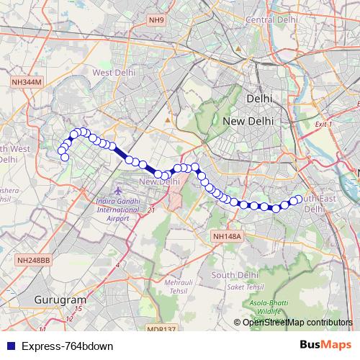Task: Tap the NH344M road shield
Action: pyautogui.click(x=27, y=83)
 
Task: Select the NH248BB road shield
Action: pyautogui.click(x=34, y=259)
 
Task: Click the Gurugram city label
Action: pyautogui.click(x=60, y=300)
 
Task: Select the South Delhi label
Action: pyautogui.click(x=234, y=275)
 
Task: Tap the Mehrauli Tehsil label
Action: pyautogui.click(x=179, y=288)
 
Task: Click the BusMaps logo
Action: pyautogui.click(x=325, y=345)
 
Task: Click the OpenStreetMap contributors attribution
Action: pyautogui.click(x=297, y=323)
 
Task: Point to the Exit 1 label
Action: pyautogui.click(x=323, y=125)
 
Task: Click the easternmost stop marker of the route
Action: pyautogui.click(x=299, y=199)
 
